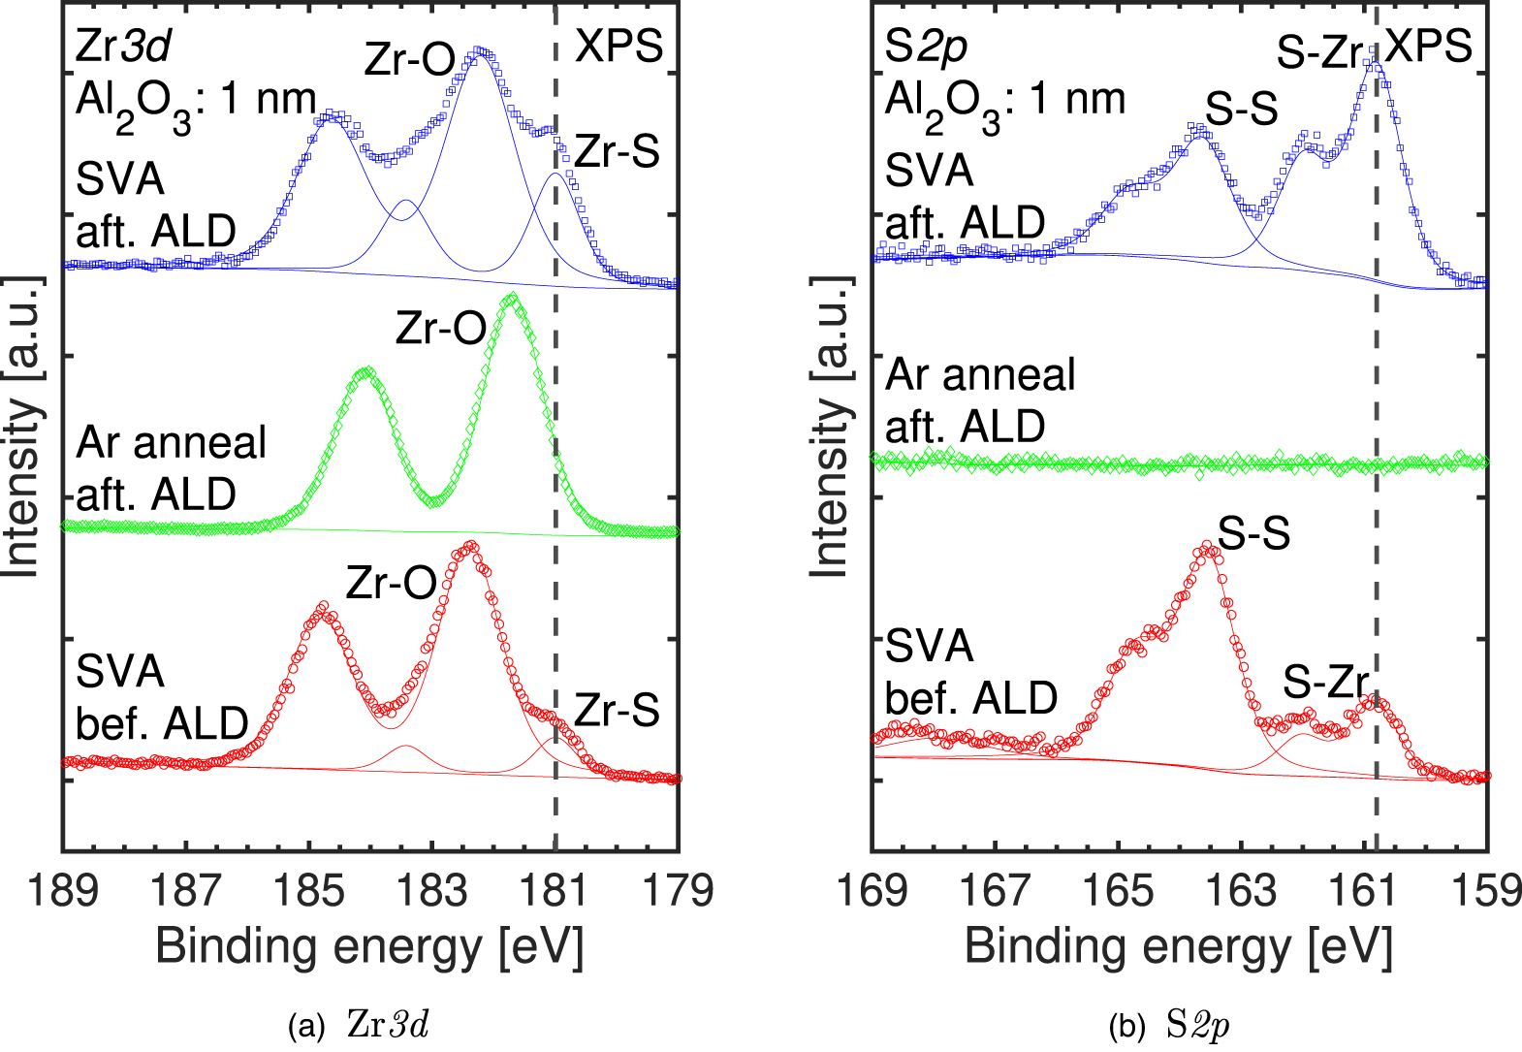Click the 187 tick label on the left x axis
click(x=186, y=890)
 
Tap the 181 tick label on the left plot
click(x=555, y=890)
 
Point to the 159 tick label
click(x=1487, y=890)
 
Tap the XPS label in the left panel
click(x=619, y=46)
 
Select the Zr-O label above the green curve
click(x=441, y=330)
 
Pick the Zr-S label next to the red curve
click(x=618, y=711)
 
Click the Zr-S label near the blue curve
click(x=618, y=152)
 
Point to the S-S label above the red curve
click(x=1253, y=533)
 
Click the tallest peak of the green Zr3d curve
click(x=513, y=298)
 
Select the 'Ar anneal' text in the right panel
click(x=980, y=375)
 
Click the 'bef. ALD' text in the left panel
click(x=162, y=723)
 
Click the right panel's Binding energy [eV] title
click(x=1179, y=945)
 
